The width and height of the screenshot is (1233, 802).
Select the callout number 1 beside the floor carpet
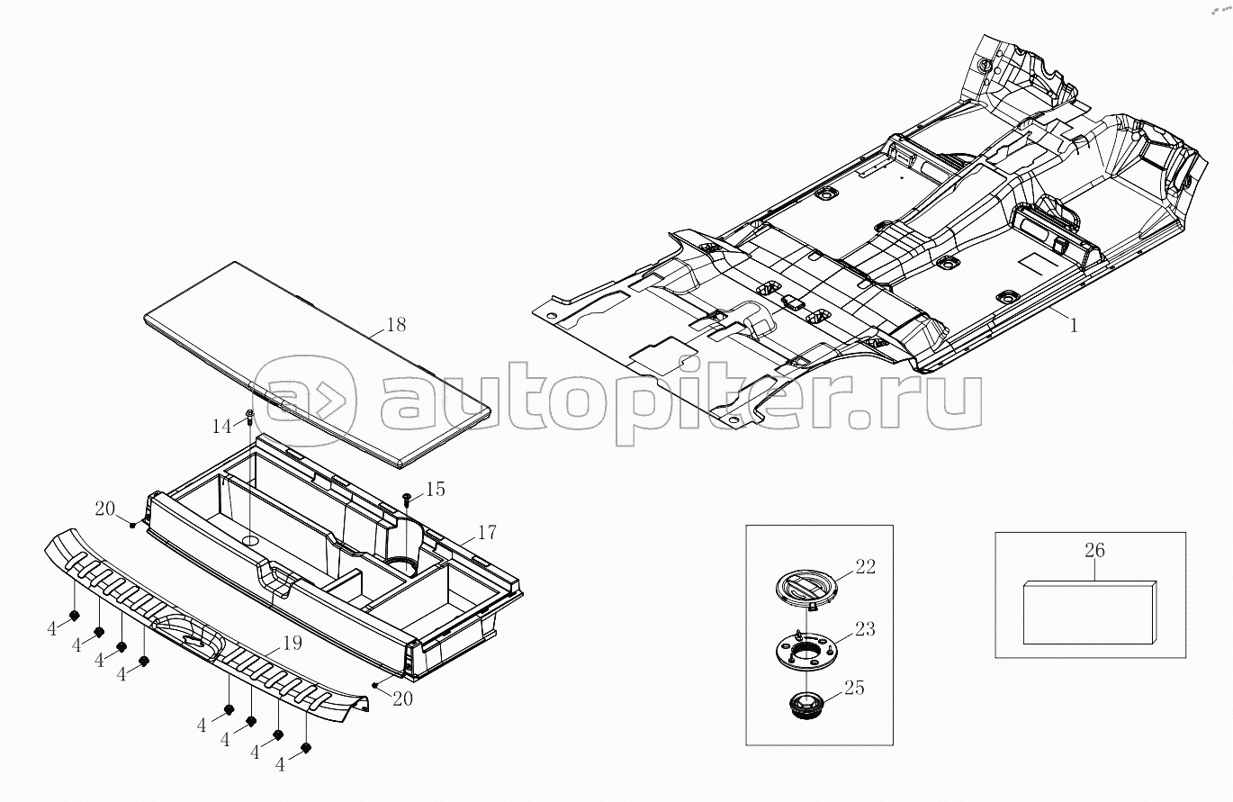(x=1073, y=326)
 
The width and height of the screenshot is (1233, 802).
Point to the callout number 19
(x=291, y=644)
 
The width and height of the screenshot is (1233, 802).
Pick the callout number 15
(x=435, y=489)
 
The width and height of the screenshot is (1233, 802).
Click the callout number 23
(x=864, y=629)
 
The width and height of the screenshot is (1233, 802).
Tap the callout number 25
(x=853, y=689)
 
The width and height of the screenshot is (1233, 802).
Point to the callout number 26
(x=1094, y=550)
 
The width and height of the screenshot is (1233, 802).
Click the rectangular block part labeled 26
(x=1090, y=613)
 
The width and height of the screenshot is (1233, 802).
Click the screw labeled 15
(x=408, y=496)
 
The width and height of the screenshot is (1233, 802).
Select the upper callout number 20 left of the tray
(x=105, y=509)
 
